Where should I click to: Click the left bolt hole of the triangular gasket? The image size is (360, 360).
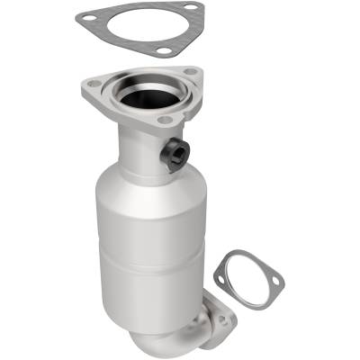(84, 16)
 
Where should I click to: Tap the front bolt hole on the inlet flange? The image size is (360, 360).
(164, 119)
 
